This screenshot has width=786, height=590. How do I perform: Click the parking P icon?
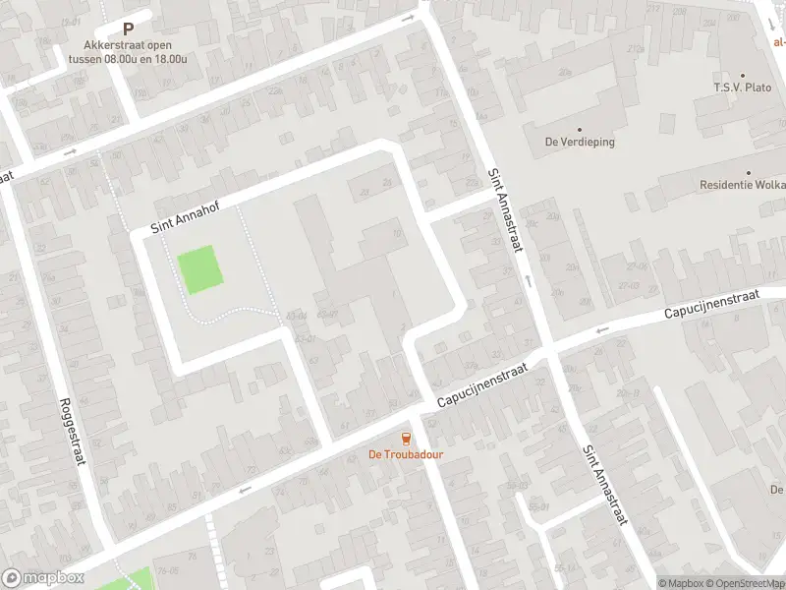[x=128, y=29]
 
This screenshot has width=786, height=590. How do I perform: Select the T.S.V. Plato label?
[x=743, y=88]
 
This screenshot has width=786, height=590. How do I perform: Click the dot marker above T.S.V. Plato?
[x=743, y=75]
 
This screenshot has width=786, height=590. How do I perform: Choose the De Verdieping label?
[x=580, y=142]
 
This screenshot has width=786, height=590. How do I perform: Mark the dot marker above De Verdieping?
[x=580, y=129]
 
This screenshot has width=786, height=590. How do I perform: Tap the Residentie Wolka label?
[x=742, y=185]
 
